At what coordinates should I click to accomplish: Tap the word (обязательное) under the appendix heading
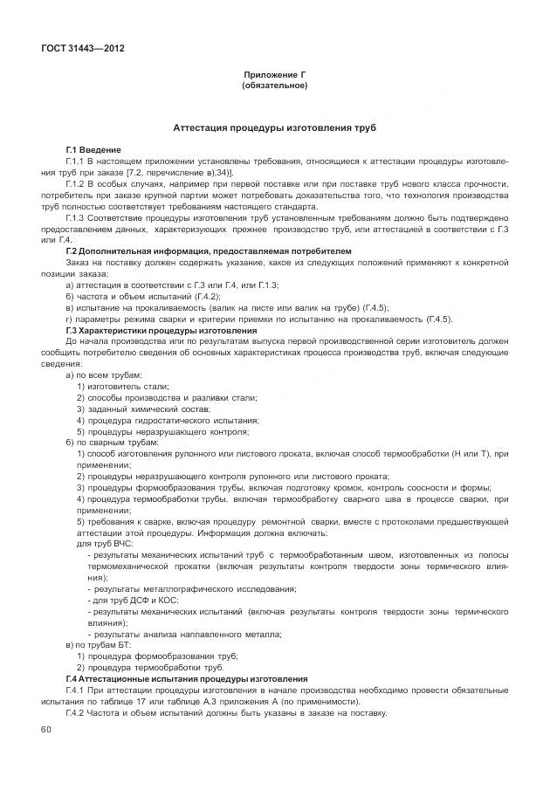coord(274,86)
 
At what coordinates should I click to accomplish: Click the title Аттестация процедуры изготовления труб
coord(274,127)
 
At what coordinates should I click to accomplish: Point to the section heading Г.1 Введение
coord(93,150)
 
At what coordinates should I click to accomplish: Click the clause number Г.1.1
coord(76,161)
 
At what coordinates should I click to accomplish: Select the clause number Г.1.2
coord(76,184)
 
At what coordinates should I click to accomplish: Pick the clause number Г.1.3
coord(76,218)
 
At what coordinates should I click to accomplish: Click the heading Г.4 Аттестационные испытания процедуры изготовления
coord(186,679)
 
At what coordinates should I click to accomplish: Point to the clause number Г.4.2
coord(76,713)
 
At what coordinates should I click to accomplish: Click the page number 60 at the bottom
coord(46,729)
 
